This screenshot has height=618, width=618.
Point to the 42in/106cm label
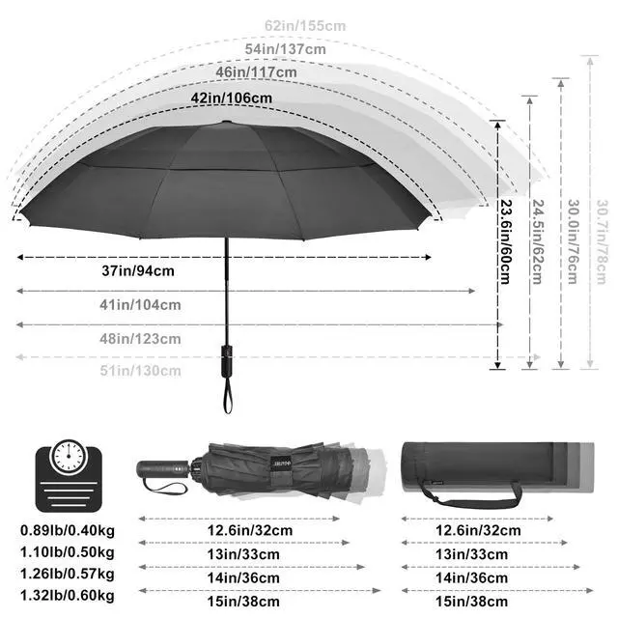(233, 98)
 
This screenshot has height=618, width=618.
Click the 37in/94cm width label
(138, 271)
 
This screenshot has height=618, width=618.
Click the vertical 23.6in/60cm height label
(505, 241)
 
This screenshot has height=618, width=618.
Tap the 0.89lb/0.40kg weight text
(67, 531)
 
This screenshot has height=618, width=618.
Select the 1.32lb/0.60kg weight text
(67, 595)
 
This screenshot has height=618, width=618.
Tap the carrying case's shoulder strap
(473, 495)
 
